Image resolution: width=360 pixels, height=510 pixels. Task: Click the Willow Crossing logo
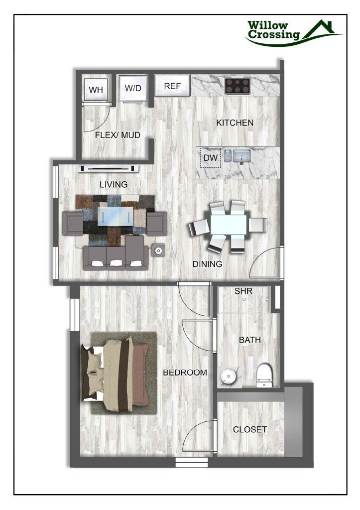(x=294, y=32)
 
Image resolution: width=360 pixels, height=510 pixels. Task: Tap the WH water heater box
(x=96, y=90)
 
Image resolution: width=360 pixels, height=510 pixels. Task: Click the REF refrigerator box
(x=172, y=86)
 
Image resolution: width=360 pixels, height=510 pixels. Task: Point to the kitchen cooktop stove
(x=237, y=86)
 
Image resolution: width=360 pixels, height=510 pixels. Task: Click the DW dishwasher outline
(x=210, y=158)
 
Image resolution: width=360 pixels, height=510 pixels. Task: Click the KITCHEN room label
(x=235, y=123)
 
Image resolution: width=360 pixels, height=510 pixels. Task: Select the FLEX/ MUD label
(x=118, y=135)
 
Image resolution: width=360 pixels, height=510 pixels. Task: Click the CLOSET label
(x=250, y=429)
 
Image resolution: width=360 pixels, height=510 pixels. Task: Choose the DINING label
(x=207, y=264)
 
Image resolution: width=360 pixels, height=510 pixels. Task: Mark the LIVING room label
(x=114, y=184)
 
